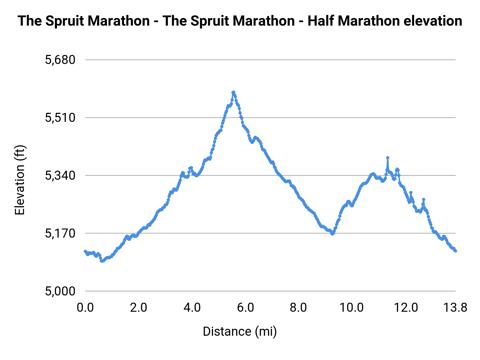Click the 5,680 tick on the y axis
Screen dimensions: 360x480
click(60, 60)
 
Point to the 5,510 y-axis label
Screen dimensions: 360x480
click(60, 118)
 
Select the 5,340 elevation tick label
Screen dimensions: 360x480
click(60, 175)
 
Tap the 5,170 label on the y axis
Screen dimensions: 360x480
click(60, 233)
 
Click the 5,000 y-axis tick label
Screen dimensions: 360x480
click(60, 291)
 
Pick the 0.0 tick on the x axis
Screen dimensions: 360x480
click(85, 307)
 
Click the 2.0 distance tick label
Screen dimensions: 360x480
click(138, 307)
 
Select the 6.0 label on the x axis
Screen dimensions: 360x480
click(245, 307)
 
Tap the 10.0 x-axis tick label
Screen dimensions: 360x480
click(351, 307)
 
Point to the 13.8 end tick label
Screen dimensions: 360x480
click(455, 307)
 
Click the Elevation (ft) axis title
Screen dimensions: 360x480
click(20, 180)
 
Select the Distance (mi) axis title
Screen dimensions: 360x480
click(240, 331)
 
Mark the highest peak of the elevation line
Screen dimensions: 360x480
click(233, 92)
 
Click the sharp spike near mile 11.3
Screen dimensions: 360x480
click(388, 158)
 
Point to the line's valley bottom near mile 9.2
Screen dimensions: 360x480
click(332, 234)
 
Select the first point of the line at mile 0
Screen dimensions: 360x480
click(85, 251)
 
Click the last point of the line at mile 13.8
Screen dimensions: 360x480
click(456, 251)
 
